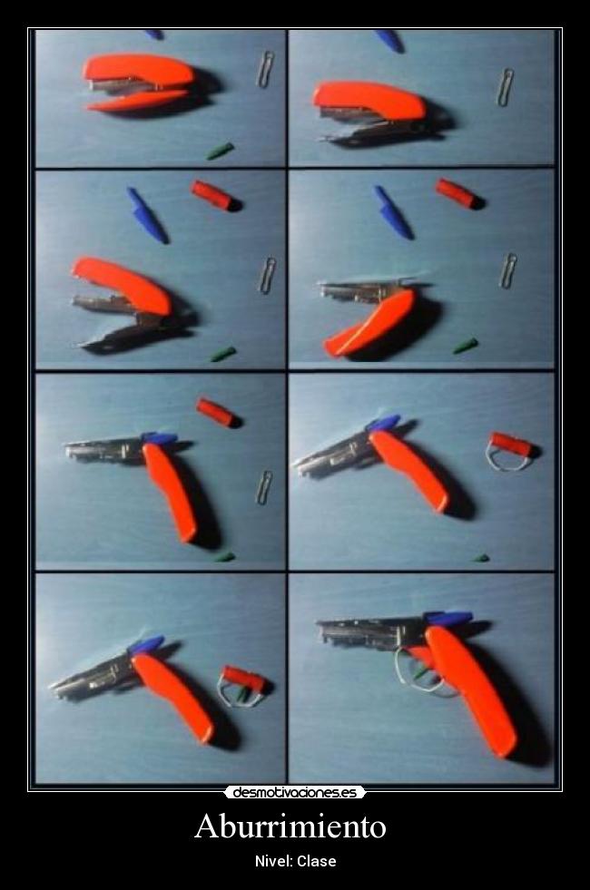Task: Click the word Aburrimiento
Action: pos(290,826)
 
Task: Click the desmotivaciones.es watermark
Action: pos(295,792)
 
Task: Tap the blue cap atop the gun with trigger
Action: pos(448,618)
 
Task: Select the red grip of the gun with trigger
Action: pos(471,690)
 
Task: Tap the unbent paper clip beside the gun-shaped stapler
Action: pos(264,487)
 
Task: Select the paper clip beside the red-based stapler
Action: pos(265,69)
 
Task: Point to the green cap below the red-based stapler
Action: pos(220,152)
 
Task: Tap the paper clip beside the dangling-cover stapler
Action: pos(507,270)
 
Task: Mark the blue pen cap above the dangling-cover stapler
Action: pos(393,211)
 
